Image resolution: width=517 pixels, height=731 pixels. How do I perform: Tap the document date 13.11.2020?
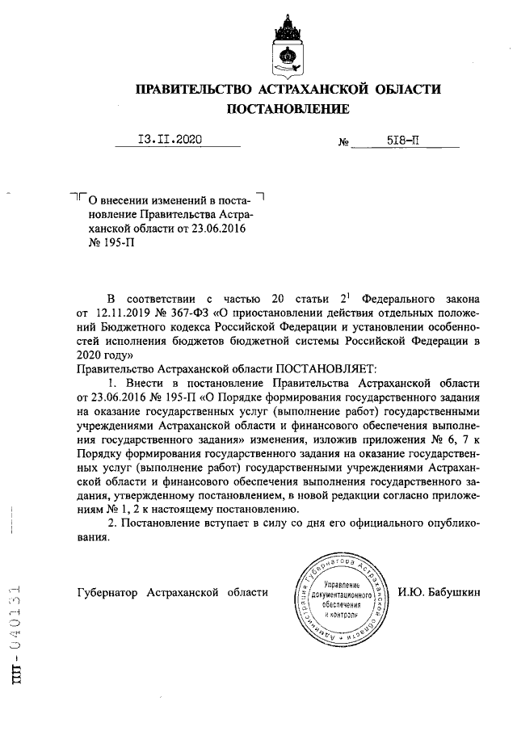point(170,139)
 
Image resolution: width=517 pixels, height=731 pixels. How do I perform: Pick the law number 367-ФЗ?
point(202,310)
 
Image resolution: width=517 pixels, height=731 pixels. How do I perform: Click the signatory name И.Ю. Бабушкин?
point(439,593)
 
